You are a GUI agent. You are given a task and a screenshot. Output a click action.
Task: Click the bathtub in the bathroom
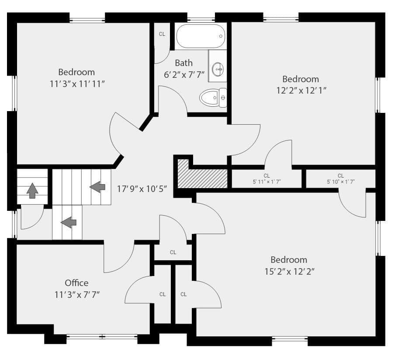point(201,36)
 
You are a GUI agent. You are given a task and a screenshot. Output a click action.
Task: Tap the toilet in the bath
point(213,98)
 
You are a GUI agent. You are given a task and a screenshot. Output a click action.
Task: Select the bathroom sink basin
point(218,69)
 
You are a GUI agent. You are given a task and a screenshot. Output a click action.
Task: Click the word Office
point(76,283)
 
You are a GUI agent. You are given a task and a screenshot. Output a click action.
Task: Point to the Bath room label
point(184,63)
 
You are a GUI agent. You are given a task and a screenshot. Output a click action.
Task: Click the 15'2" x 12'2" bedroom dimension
point(289,272)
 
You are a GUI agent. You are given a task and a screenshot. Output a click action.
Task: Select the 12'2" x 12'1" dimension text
point(301,90)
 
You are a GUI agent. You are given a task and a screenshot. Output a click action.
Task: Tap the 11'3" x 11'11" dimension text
point(77,84)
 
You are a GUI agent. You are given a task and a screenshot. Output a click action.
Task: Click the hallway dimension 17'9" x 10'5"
point(142,189)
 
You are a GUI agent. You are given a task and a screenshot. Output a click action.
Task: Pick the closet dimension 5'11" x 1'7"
point(266,182)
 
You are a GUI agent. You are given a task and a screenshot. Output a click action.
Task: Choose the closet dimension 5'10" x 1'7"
point(341,182)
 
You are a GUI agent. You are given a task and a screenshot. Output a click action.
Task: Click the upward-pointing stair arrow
point(32,191)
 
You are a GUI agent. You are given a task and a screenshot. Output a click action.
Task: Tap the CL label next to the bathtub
point(162,34)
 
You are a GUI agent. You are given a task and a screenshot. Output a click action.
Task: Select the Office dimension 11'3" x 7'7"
point(77,295)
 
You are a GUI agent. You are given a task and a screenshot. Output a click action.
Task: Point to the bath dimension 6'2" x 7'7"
point(184,75)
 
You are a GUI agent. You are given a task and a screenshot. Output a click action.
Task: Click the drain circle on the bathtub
point(221,36)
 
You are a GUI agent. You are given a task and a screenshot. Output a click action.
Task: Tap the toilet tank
point(223,98)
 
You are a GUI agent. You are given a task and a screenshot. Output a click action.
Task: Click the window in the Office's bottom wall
point(102,337)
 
